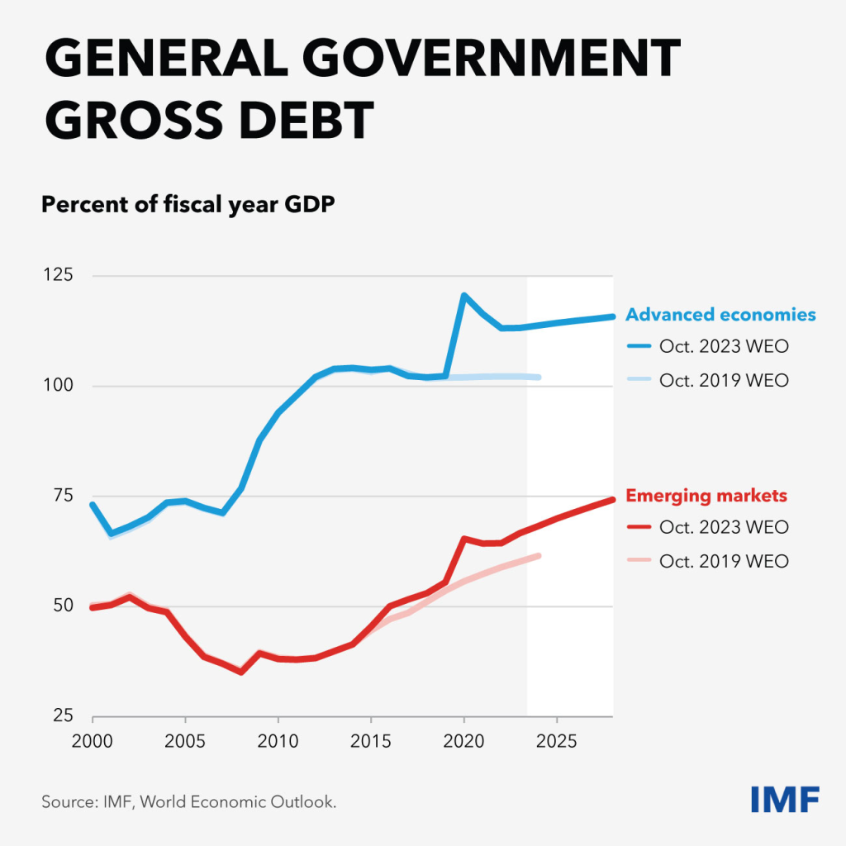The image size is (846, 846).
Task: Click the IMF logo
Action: (785, 800)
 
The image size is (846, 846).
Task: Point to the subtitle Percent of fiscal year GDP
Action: (188, 204)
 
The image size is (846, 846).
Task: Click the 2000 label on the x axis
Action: (93, 737)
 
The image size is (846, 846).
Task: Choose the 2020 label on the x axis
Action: (463, 737)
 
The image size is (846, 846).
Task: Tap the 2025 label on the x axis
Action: (556, 737)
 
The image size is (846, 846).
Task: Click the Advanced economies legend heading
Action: (720, 315)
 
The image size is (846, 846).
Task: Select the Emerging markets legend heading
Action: (706, 496)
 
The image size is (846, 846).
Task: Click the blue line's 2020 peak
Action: (463, 295)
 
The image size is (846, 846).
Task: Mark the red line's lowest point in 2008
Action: (241, 672)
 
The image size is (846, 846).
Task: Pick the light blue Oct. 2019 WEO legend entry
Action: (724, 381)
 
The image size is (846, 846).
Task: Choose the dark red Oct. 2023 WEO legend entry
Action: (724, 527)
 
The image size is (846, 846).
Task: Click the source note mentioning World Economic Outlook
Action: (189, 801)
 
